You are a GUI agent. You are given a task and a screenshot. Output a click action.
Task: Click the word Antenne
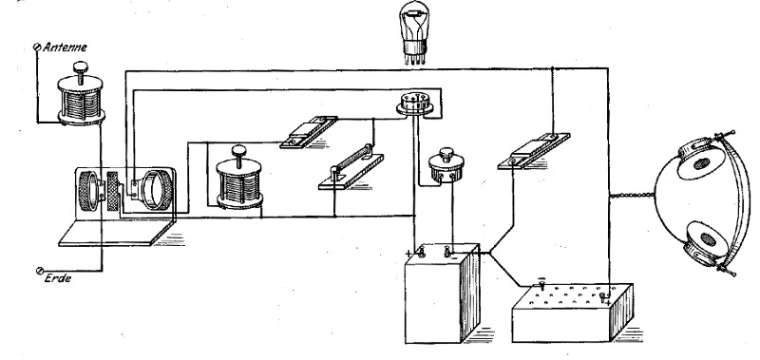click(x=65, y=47)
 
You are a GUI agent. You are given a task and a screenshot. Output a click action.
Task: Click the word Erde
click(x=58, y=278)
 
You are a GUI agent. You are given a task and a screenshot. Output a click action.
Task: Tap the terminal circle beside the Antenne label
click(x=36, y=47)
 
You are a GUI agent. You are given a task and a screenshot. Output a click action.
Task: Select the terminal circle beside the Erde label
click(x=40, y=271)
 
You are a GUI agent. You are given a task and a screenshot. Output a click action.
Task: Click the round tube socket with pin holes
click(x=415, y=104)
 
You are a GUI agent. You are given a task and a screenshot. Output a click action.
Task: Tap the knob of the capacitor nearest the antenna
click(x=81, y=67)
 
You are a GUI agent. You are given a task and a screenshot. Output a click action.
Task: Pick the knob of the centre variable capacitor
click(x=239, y=151)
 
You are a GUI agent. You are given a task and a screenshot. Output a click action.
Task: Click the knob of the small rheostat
click(x=446, y=154)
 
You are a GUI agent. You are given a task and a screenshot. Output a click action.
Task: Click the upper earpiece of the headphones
click(x=702, y=161)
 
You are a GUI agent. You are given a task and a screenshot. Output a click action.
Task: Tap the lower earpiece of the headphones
click(x=706, y=242)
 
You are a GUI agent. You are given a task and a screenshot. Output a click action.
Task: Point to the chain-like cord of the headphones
click(x=632, y=195)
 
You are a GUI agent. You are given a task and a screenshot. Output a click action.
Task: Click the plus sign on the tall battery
click(x=408, y=253)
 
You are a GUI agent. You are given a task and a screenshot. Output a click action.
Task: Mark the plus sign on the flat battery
click(x=608, y=302)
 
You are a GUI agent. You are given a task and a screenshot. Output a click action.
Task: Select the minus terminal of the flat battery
click(x=541, y=281)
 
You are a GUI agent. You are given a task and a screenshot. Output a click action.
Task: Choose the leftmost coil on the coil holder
click(x=88, y=190)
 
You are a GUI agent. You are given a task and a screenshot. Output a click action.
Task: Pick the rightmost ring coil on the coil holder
click(x=157, y=189)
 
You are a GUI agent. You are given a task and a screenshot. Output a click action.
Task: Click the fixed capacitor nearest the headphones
click(x=533, y=151)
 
